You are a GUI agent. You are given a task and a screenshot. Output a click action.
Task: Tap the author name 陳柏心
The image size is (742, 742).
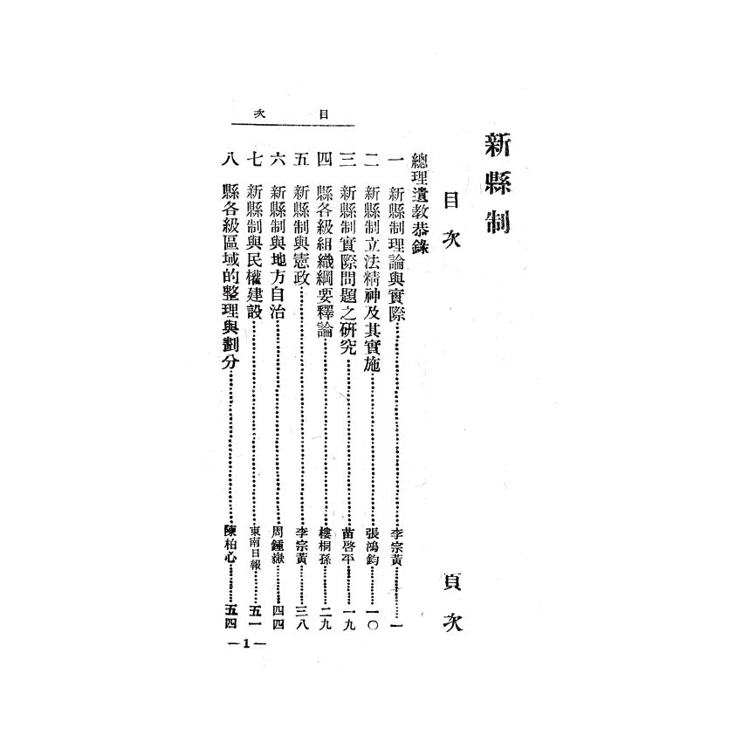tap(230, 542)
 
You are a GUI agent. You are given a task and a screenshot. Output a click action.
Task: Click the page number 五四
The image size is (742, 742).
tap(230, 616)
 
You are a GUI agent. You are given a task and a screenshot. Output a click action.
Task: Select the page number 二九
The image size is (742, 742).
tap(326, 616)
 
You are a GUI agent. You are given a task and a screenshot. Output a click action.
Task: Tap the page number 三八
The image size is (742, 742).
tap(302, 616)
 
